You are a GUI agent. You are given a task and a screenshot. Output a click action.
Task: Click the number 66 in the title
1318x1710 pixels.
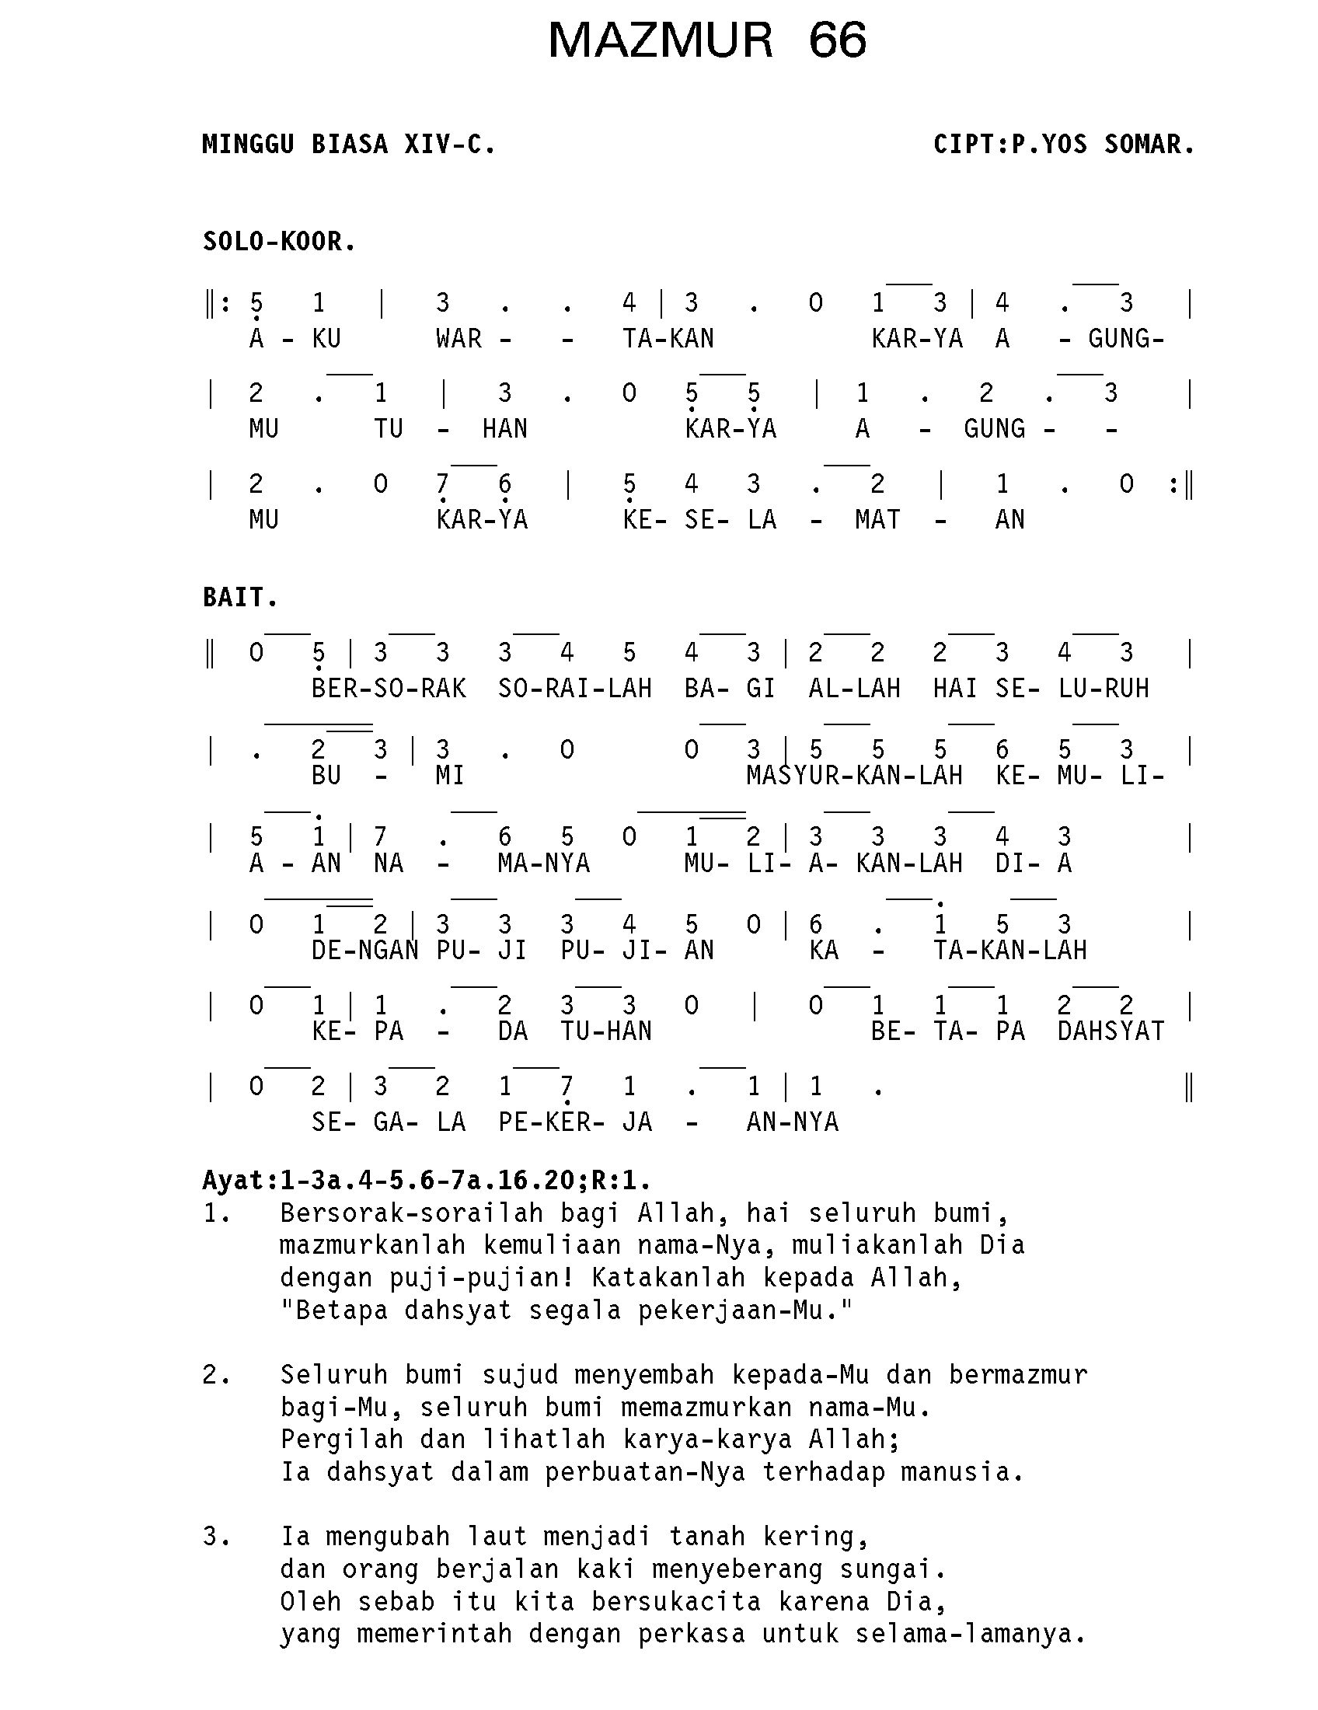click(838, 40)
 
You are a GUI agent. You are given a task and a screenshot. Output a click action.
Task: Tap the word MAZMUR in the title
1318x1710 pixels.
click(661, 40)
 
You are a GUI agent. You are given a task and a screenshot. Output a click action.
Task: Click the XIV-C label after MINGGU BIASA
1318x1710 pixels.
click(449, 145)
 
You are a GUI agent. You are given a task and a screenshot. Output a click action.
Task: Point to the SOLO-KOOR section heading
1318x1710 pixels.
click(279, 242)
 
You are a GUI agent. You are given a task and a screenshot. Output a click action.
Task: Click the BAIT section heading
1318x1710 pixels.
click(239, 598)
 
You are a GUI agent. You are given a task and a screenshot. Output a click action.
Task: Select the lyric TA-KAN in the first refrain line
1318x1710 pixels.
click(668, 339)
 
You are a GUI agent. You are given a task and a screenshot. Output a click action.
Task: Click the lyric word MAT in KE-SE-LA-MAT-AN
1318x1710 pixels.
click(877, 520)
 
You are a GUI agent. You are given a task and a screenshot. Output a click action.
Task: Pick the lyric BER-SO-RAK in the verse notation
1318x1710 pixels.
click(389, 689)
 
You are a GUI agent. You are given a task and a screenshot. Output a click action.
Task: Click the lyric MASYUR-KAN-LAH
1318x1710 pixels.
click(854, 776)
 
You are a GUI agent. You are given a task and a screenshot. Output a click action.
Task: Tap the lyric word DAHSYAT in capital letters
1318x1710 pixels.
click(1111, 1031)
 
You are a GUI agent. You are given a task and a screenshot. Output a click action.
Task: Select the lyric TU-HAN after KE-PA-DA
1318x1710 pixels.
click(606, 1031)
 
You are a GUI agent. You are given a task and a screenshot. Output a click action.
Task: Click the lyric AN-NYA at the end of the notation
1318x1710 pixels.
click(792, 1122)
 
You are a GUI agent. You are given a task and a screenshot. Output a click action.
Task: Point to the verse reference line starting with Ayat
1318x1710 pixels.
click(427, 1180)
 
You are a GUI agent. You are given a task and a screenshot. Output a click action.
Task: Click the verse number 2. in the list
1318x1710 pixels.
click(216, 1375)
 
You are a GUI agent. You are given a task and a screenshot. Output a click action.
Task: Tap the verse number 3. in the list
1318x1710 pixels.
click(216, 1537)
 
